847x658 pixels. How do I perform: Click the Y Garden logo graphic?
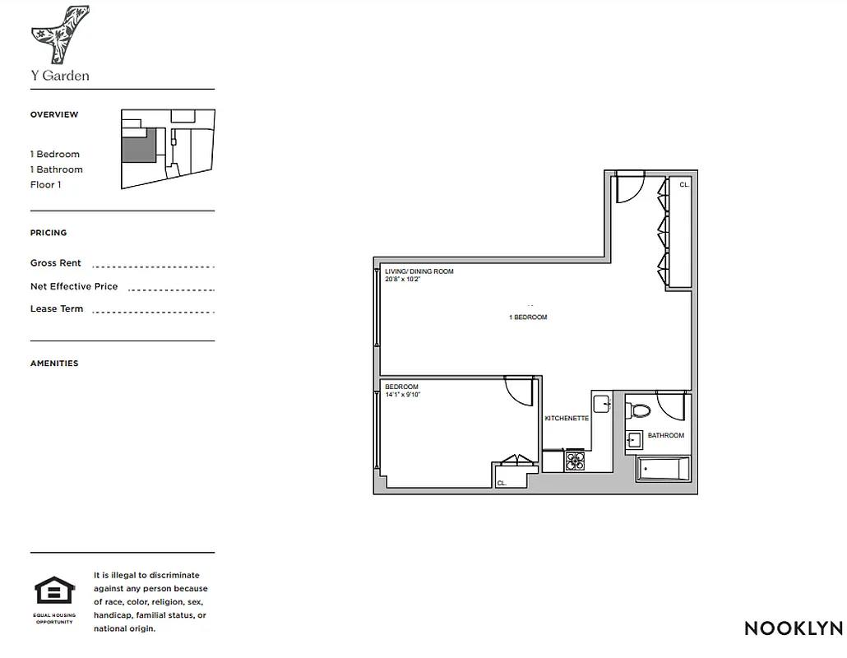click(x=60, y=35)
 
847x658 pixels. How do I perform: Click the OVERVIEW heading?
click(x=54, y=114)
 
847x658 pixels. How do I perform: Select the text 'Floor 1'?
click(x=46, y=185)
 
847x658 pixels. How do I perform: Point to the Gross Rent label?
click(x=56, y=263)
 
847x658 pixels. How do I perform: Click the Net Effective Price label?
click(x=74, y=286)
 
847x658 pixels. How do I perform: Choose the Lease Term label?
click(x=57, y=309)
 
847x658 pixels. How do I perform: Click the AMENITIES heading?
click(x=54, y=364)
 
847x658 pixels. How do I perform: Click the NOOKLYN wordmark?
click(x=793, y=628)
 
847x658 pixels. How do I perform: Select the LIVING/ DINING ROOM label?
click(x=419, y=271)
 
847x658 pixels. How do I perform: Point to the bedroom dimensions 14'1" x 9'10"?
click(x=402, y=395)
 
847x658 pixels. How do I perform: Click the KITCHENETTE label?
click(x=567, y=419)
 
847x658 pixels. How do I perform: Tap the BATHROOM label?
click(x=665, y=435)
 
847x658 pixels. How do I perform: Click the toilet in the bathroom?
click(x=639, y=409)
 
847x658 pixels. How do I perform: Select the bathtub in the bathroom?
click(x=663, y=470)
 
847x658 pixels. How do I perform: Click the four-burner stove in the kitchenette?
click(x=574, y=461)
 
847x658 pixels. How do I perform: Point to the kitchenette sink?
click(x=600, y=404)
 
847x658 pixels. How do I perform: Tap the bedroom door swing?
click(x=520, y=390)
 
